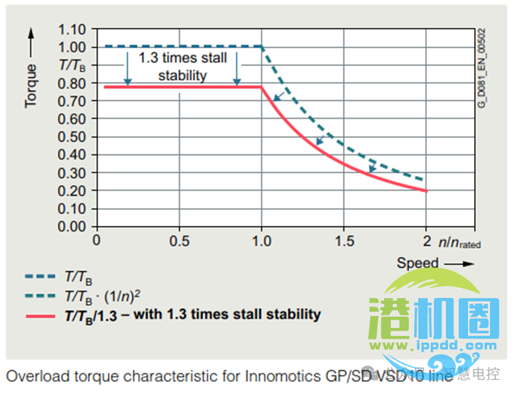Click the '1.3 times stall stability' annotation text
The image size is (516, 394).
click(182, 66)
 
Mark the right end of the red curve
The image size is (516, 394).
click(425, 191)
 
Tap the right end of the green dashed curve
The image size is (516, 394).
click(424, 180)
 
